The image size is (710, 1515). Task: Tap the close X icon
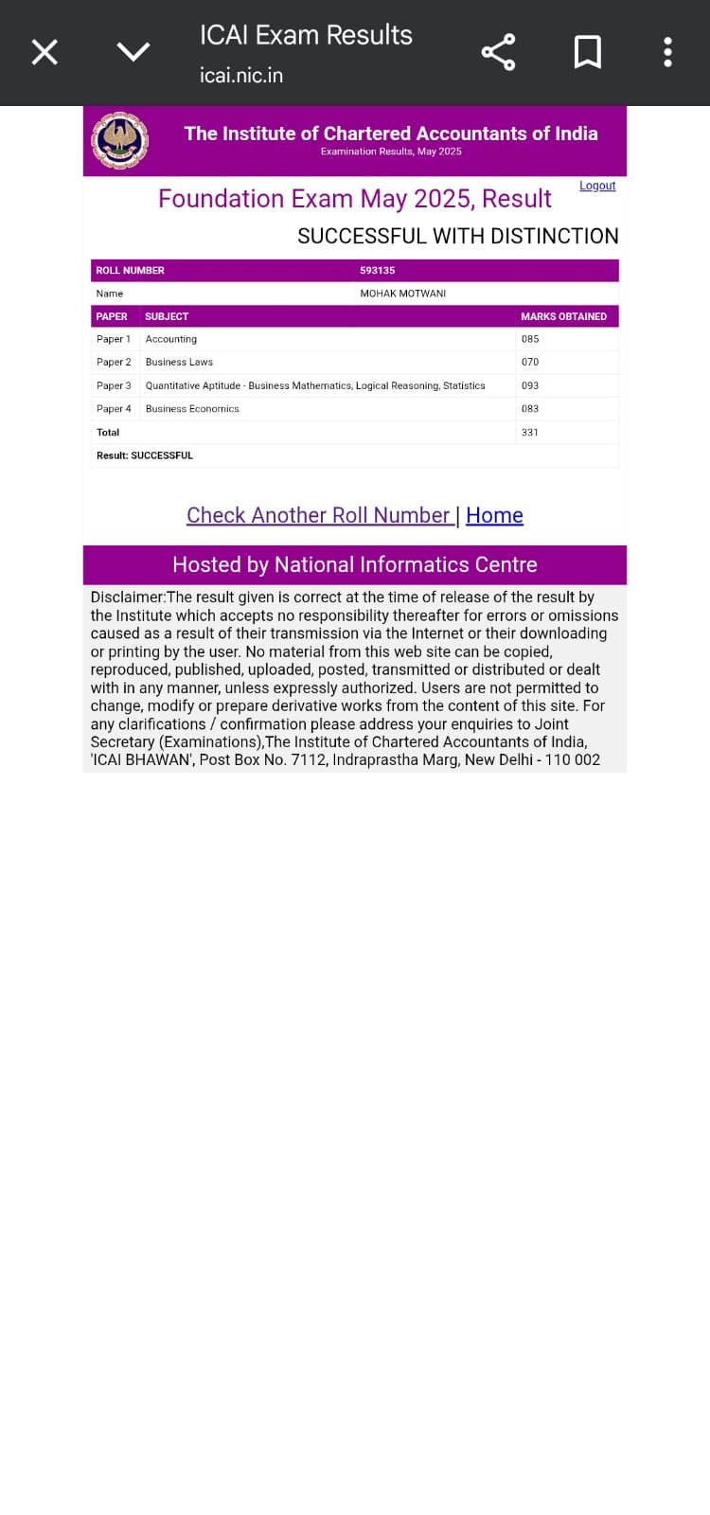[44, 52]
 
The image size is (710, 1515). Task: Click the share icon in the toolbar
[498, 52]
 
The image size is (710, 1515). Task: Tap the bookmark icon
[588, 52]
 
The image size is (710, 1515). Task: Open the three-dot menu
[667, 52]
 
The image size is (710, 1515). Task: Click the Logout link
[597, 186]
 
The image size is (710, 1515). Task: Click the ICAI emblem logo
[119, 141]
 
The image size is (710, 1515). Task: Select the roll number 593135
[377, 271]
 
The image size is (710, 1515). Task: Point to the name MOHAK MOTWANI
[402, 294]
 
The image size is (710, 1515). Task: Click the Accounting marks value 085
[530, 339]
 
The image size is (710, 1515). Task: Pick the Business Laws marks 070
[530, 362]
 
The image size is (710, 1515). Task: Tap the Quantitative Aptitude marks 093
[530, 385]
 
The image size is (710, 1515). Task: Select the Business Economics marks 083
[530, 409]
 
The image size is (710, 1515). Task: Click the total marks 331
[530, 433]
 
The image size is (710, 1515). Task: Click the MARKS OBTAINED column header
[563, 316]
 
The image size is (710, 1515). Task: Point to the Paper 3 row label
[114, 385]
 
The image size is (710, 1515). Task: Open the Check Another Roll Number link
[318, 515]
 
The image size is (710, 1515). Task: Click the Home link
[494, 515]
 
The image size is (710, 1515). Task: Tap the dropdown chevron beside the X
[133, 52]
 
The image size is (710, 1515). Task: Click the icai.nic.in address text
[241, 76]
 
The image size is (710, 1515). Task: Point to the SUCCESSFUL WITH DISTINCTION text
[458, 237]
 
